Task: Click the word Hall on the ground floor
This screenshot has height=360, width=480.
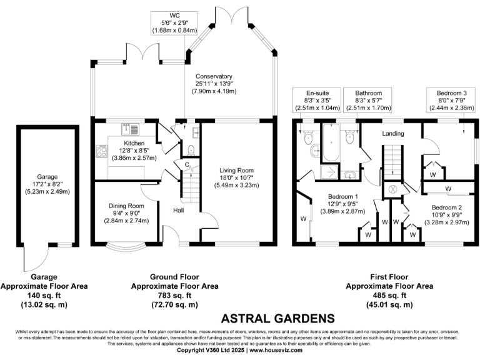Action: pyautogui.click(x=179, y=211)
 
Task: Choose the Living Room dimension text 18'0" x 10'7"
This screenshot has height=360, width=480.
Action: pyautogui.click(x=239, y=177)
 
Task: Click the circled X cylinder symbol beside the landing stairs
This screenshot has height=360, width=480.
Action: pyautogui.click(x=393, y=189)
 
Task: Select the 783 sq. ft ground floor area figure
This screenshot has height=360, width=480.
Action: pyautogui.click(x=174, y=296)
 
